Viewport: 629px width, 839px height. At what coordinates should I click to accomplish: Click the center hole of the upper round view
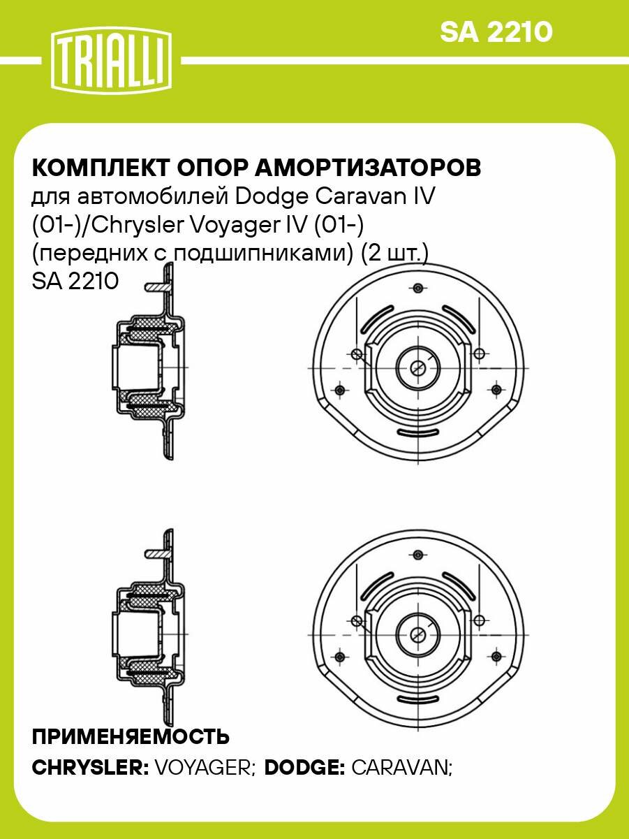point(418,367)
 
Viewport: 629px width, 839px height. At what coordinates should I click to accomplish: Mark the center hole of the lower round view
point(418,634)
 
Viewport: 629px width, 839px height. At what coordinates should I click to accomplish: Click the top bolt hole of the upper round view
point(418,288)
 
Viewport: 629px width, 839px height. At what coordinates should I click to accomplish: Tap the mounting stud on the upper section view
point(158,286)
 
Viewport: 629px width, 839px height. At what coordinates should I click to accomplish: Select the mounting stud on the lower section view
point(158,553)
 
